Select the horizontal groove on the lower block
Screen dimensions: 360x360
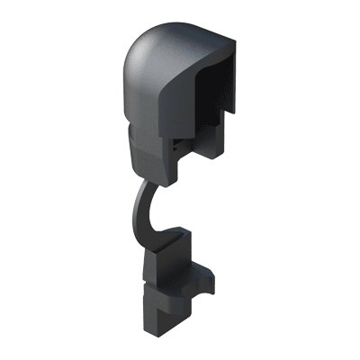(166, 280)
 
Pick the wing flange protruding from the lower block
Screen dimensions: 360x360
(202, 270)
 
